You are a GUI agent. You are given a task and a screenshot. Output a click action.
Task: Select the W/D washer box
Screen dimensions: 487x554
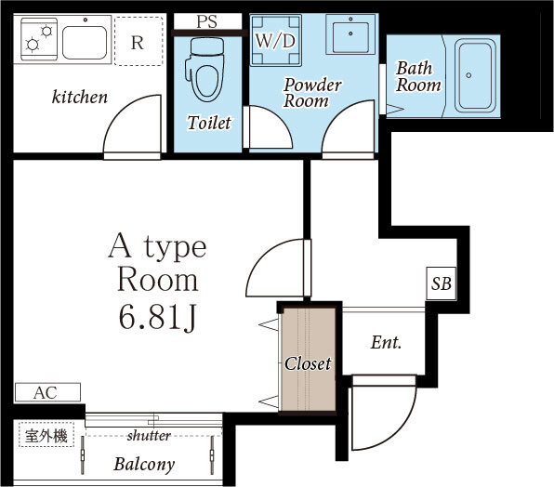pos(276,41)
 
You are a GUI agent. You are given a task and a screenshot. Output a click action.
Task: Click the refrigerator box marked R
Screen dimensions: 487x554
pos(137,42)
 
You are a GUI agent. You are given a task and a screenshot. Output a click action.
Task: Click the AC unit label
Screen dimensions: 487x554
pos(46,392)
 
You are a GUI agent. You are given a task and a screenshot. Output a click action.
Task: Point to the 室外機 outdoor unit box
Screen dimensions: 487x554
pos(46,435)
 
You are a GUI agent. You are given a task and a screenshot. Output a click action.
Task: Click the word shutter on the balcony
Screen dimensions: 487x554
pos(149,436)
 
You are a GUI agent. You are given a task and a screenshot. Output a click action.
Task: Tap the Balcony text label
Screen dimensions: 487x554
pos(144,464)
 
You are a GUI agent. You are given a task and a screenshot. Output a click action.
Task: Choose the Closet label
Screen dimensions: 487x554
pos(308,363)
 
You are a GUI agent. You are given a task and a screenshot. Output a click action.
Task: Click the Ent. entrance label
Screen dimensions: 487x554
pos(386,343)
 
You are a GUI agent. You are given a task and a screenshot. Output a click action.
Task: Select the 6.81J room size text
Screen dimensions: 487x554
pos(156,318)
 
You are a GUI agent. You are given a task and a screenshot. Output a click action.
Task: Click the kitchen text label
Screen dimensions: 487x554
pos(79,97)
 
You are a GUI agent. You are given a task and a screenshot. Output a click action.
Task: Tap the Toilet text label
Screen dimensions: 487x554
pos(208,123)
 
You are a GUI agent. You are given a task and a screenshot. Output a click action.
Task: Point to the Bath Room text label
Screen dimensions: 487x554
pos(417,76)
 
